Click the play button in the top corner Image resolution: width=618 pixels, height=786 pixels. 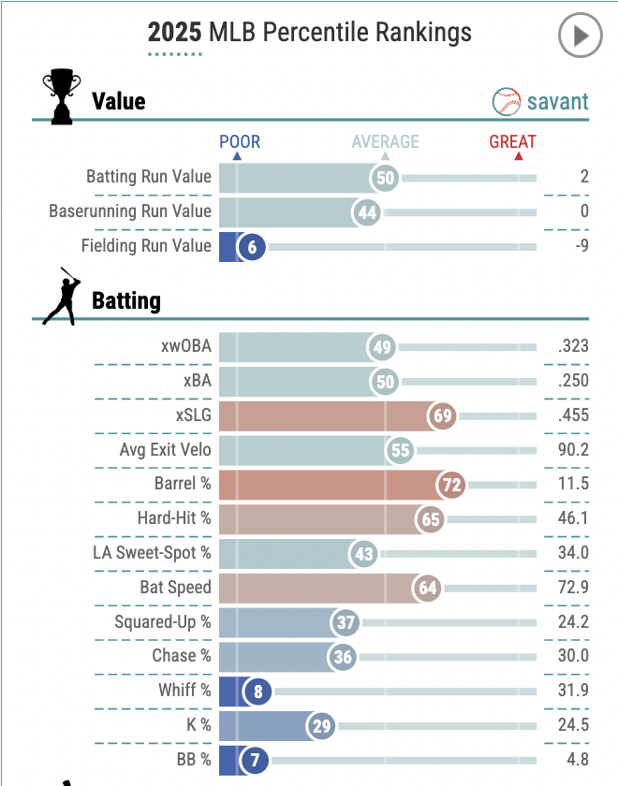(x=580, y=36)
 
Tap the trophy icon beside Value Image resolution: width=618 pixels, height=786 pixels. (x=62, y=96)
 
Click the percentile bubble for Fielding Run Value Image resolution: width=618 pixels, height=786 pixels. (x=252, y=247)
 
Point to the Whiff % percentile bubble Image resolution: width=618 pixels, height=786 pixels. (x=257, y=691)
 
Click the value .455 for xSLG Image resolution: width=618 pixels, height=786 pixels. (x=572, y=415)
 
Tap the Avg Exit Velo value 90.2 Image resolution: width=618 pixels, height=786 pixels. (x=571, y=450)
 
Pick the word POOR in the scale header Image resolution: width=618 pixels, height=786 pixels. (x=240, y=142)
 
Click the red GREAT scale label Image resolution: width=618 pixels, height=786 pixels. (x=512, y=142)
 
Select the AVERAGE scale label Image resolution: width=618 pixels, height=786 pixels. (x=385, y=142)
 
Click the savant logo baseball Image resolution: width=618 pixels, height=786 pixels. (x=507, y=101)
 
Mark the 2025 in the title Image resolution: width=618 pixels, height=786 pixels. (x=174, y=34)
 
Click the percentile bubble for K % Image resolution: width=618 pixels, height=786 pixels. (x=322, y=725)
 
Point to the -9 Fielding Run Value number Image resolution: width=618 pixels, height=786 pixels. (x=580, y=247)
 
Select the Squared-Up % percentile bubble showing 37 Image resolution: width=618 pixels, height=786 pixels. (x=346, y=622)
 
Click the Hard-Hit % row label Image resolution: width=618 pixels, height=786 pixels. (x=174, y=518)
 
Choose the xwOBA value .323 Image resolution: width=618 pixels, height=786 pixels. (x=572, y=346)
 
